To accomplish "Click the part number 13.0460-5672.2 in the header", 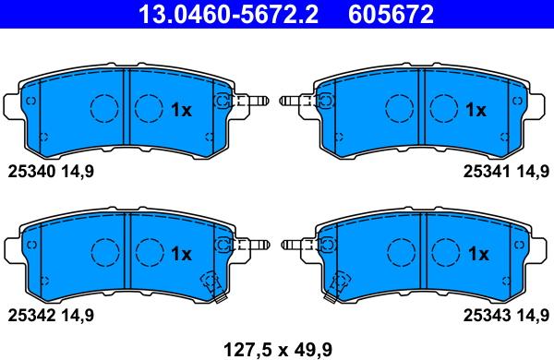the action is coord(229,14).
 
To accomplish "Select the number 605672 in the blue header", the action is coord(391,14).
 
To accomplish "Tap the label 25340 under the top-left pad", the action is coord(31,172).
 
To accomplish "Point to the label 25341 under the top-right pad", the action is coord(487,172).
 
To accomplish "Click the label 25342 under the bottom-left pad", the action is coord(31,315).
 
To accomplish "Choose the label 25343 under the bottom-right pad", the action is coord(487,315).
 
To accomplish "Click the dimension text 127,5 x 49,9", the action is coord(278,350).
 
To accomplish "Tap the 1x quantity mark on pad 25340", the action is coord(181,110).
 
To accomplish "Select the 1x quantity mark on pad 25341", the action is coord(476,110).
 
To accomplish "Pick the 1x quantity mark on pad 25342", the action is coord(181,254).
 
